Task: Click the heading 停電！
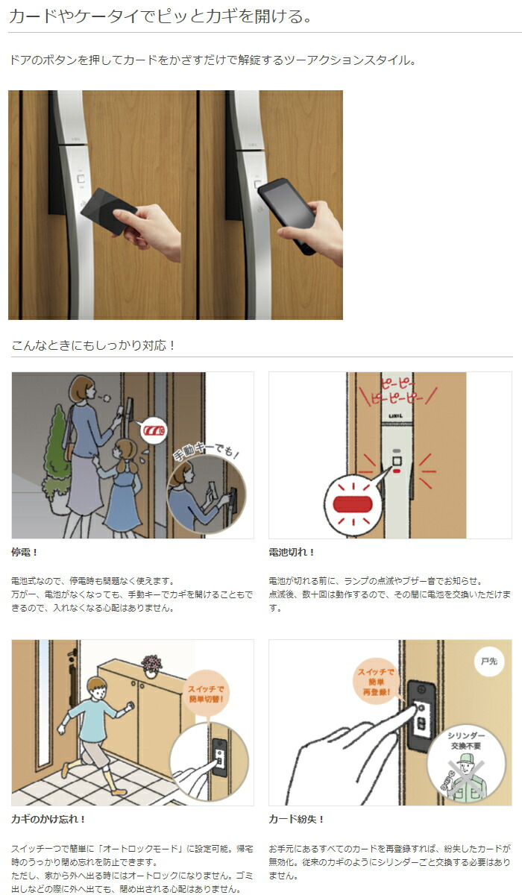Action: [x=25, y=553]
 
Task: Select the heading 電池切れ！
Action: [x=292, y=553]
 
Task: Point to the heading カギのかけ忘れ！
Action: [x=48, y=819]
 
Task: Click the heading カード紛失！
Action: [x=296, y=819]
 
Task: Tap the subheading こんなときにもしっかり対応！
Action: [x=93, y=345]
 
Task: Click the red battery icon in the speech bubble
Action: [x=155, y=431]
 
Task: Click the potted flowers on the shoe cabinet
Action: [x=151, y=665]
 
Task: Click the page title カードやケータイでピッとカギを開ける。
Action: [x=160, y=16]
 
